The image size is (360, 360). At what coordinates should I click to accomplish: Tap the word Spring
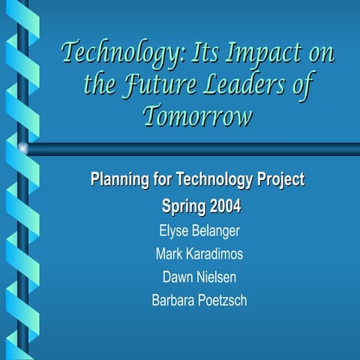click(x=183, y=205)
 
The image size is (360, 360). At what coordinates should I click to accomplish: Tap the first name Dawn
click(x=178, y=277)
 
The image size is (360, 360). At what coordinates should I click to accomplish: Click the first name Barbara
click(x=173, y=301)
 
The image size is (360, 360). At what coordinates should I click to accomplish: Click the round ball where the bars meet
click(x=23, y=148)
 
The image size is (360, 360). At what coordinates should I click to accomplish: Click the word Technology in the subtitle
click(x=211, y=180)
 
